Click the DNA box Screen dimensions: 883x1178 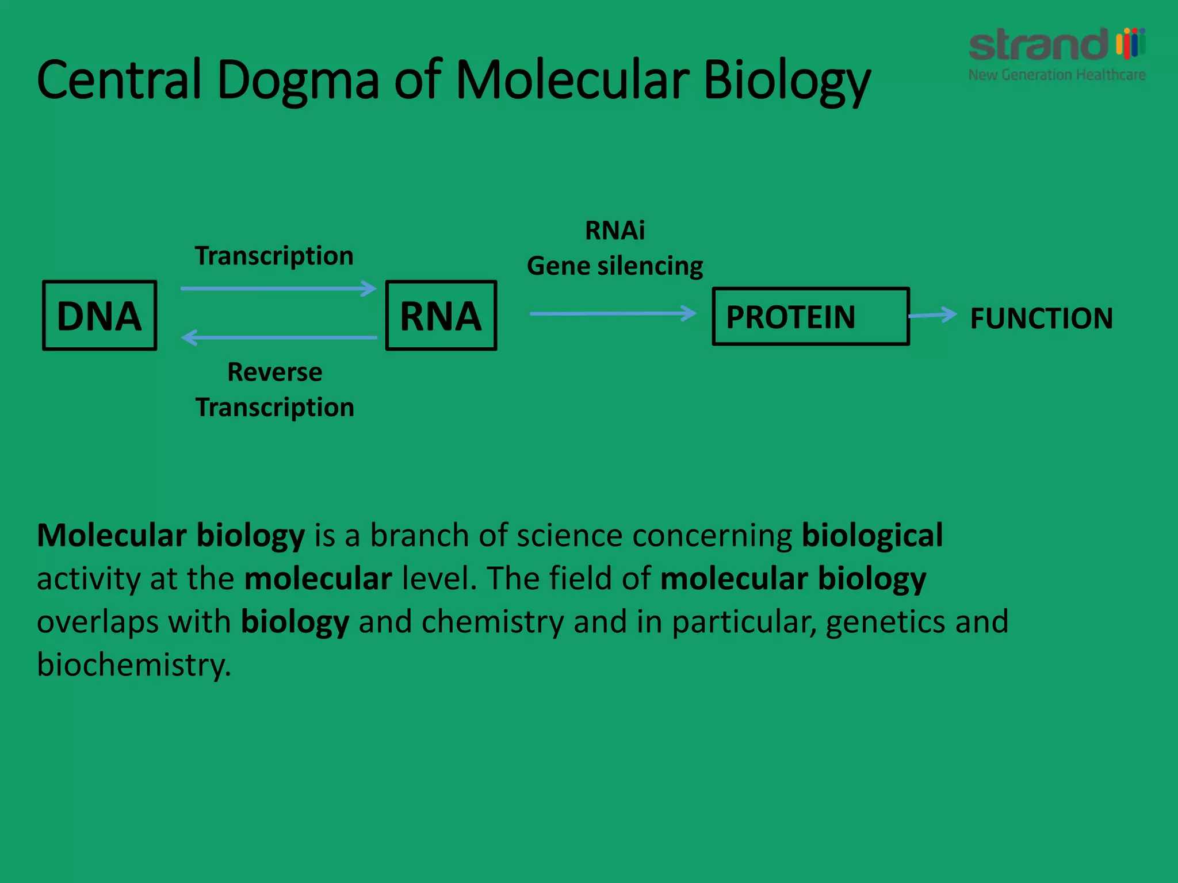point(100,316)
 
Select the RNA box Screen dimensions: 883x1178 point(441,316)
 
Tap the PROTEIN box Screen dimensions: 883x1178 point(810,317)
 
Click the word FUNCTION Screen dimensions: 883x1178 point(1041,318)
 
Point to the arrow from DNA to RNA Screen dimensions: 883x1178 point(278,288)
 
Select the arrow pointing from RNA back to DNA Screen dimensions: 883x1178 point(278,337)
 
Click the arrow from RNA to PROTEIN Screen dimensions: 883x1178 point(613,313)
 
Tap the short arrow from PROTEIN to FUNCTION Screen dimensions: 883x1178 point(932,315)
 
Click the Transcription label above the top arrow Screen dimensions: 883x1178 point(274,256)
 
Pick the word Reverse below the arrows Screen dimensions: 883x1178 point(275,372)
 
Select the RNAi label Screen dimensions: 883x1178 point(615,231)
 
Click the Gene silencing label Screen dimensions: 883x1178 point(615,266)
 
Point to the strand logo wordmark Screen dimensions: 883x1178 point(1038,45)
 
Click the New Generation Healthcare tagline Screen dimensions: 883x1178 point(1057,75)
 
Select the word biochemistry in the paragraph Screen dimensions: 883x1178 point(133,665)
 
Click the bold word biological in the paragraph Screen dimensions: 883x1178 point(872,536)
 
